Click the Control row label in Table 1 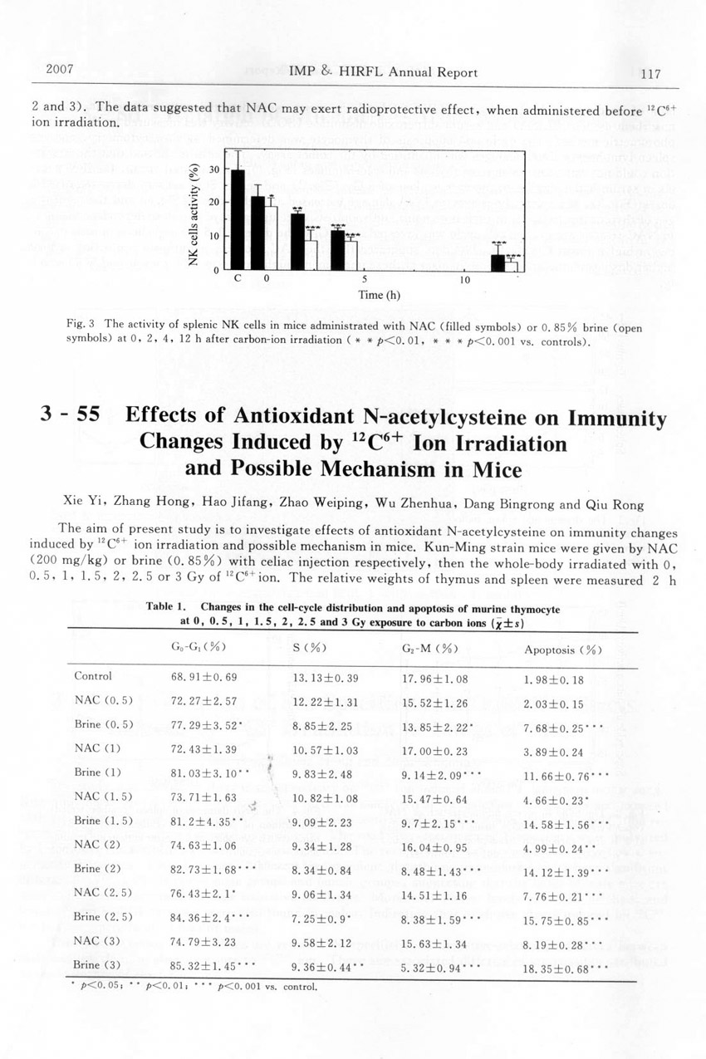click(x=92, y=676)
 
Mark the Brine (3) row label click(x=97, y=965)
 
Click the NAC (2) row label click(x=97, y=845)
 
